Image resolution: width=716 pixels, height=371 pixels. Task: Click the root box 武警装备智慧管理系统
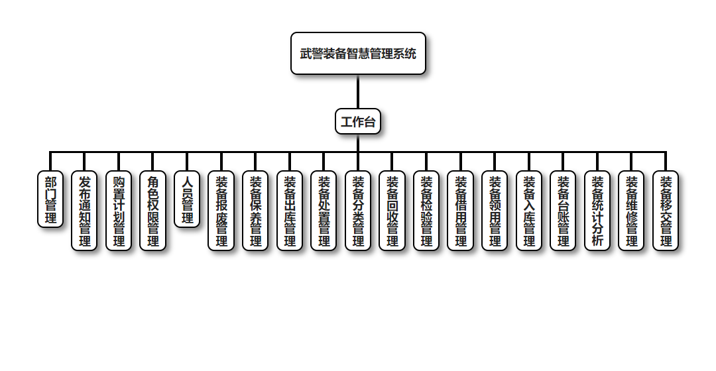coord(358,54)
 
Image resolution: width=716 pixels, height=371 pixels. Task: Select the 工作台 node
coord(358,121)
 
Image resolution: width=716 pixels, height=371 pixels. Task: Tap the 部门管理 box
coord(50,199)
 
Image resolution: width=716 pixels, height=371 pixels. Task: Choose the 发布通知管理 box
coord(85,211)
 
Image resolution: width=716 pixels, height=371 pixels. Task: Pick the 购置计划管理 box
coord(119,211)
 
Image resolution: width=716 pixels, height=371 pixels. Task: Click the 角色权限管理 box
coord(153,211)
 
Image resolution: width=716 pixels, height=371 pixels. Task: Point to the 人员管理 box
coord(187,199)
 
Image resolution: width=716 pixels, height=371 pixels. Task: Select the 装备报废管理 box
coord(221,211)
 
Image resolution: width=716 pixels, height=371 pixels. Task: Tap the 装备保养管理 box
coord(255,211)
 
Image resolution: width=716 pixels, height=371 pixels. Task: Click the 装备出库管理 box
coord(290,211)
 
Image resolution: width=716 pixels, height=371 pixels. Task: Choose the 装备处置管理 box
coord(324,211)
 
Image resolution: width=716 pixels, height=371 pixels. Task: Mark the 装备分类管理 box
coord(358,211)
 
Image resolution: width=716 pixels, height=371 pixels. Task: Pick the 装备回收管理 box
coord(392,211)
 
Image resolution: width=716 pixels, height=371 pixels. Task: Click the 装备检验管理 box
coord(426,211)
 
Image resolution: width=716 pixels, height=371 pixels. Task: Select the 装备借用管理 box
coord(461,211)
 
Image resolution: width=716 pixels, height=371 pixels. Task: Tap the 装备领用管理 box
coord(495,211)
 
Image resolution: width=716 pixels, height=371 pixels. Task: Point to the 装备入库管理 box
coord(529,211)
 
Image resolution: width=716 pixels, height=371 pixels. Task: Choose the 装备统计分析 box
coord(597,211)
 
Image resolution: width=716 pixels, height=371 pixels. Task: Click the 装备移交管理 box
coord(666,211)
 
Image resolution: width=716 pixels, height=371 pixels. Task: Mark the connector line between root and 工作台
coord(358,91)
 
